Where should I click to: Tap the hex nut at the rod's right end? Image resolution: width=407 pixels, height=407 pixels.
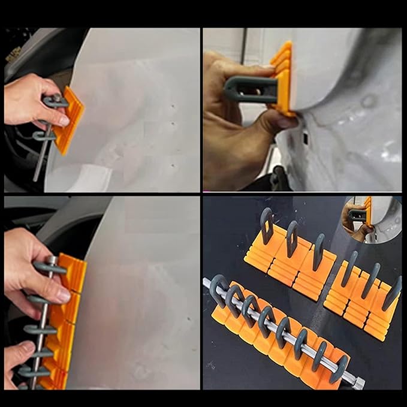(358, 383)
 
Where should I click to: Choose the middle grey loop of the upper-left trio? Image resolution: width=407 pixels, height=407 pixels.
(293, 236)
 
